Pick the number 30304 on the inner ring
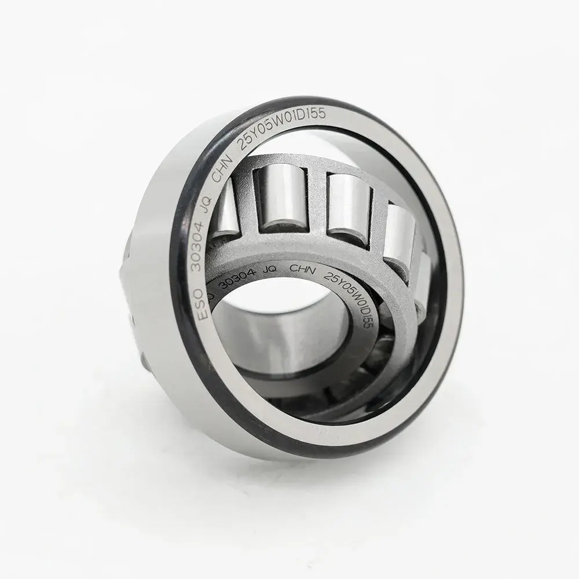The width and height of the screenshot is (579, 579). click(x=238, y=280)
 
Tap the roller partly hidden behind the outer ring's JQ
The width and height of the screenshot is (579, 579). click(x=226, y=208)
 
